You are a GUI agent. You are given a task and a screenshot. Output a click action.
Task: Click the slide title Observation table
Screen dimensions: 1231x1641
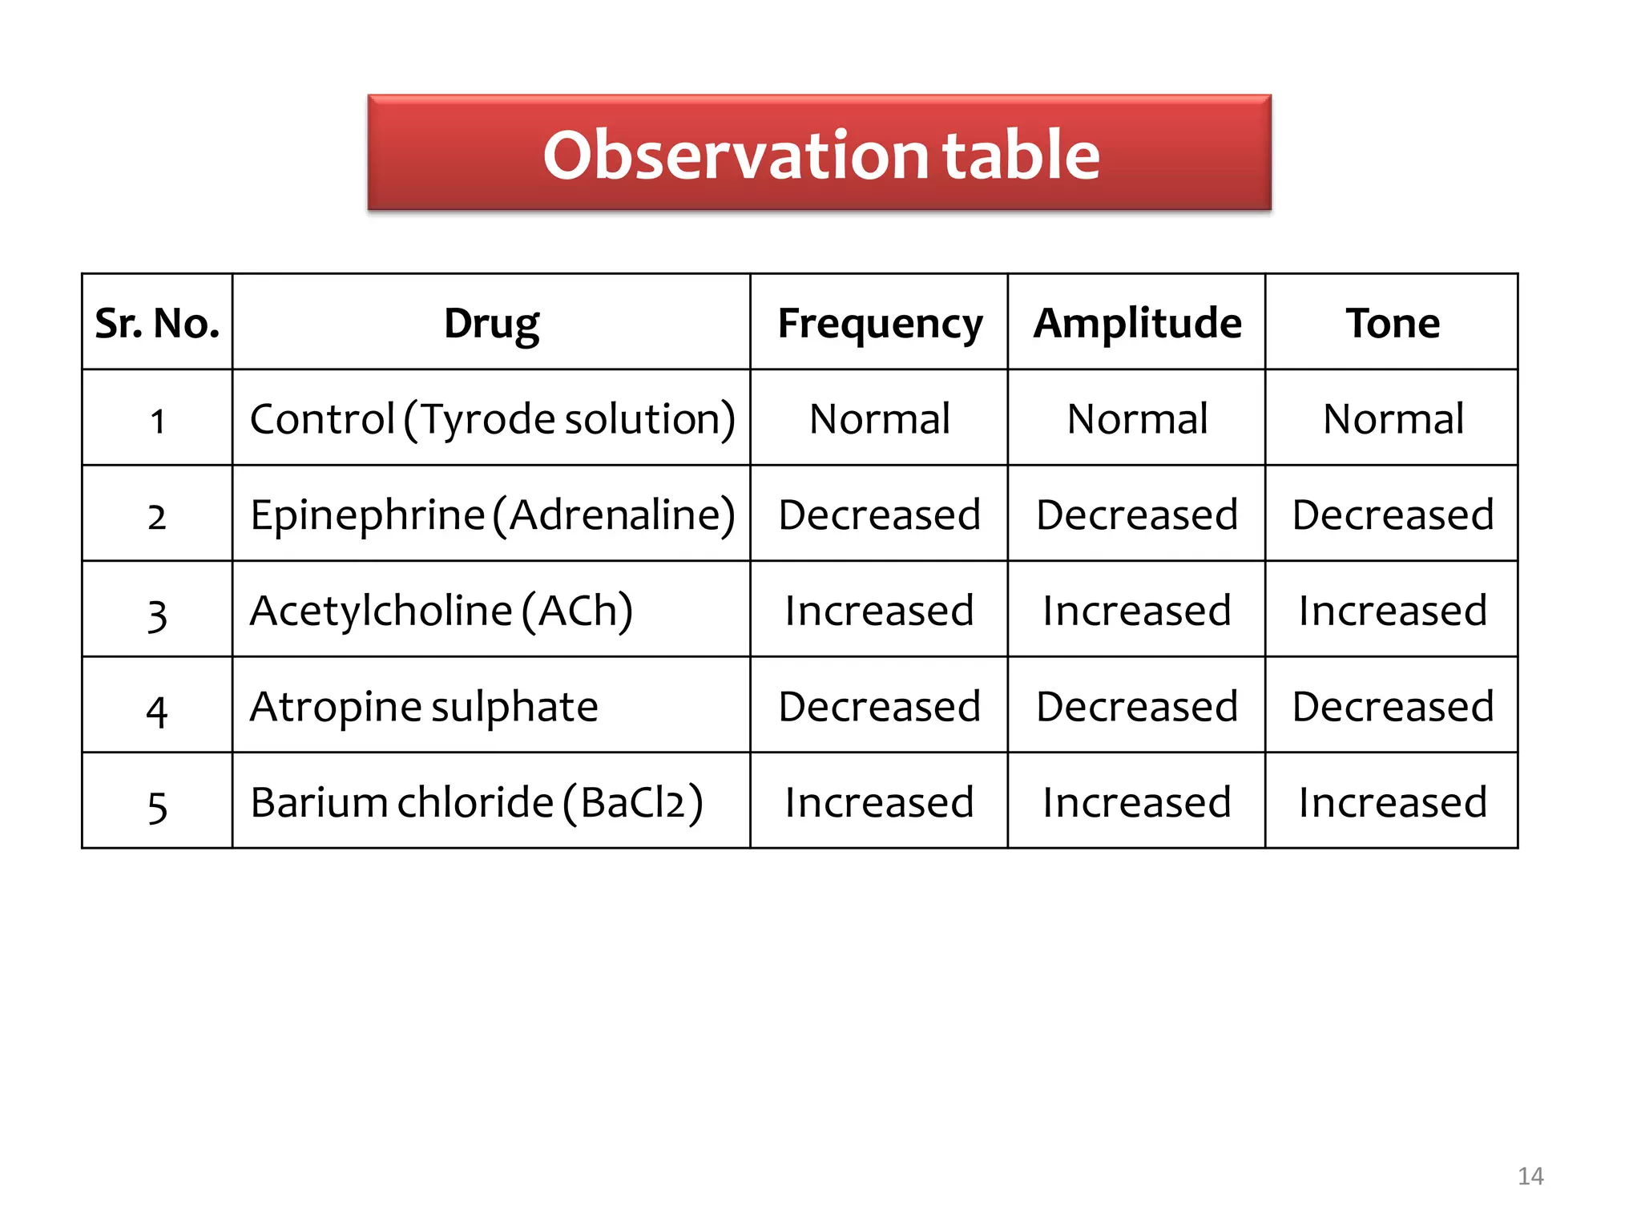point(820,154)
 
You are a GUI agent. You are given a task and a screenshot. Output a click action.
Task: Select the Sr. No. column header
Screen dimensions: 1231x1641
point(157,323)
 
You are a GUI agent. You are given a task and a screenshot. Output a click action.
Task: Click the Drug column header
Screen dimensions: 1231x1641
point(491,323)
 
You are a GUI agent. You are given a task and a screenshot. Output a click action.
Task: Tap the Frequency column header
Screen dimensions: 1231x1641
point(879,323)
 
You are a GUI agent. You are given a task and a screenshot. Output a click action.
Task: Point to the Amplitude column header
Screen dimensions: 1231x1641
point(1136,323)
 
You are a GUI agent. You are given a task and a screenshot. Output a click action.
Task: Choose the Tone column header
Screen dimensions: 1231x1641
point(1392,323)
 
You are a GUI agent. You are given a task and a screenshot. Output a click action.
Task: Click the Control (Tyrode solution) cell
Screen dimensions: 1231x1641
point(491,418)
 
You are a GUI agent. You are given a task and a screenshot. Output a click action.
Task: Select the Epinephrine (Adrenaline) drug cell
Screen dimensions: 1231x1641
point(491,515)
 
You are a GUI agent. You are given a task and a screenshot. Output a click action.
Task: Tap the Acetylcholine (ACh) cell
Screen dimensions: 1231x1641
point(441,611)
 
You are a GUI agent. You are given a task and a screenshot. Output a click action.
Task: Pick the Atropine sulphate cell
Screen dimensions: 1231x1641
point(423,706)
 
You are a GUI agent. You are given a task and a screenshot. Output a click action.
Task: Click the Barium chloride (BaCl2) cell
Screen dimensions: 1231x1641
point(476,802)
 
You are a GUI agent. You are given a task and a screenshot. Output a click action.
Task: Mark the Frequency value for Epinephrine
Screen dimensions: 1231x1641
point(879,515)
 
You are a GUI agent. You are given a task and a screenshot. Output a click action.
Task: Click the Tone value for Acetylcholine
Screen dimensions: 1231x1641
point(1392,611)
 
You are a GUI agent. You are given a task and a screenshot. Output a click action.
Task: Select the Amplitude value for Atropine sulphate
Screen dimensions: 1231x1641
point(1136,706)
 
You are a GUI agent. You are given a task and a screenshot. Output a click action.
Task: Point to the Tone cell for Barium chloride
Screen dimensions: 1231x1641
point(1392,802)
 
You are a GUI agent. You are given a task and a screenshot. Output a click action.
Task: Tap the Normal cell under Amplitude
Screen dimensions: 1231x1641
point(1136,418)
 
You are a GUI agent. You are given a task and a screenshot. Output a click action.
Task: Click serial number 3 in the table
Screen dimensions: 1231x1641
point(157,614)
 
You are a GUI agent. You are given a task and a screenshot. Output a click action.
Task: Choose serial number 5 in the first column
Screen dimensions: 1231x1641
point(157,805)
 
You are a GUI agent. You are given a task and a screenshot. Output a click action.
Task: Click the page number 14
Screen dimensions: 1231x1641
point(1530,1176)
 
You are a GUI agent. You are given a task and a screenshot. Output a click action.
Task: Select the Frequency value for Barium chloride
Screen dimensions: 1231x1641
point(879,802)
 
